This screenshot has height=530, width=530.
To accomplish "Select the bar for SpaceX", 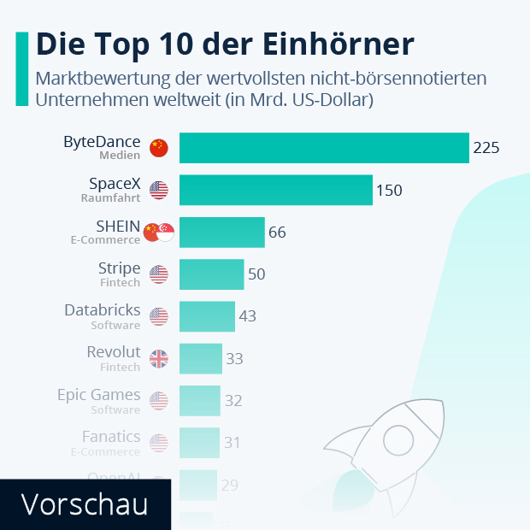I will point(275,190).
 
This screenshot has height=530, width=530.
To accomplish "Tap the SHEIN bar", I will point(221,232).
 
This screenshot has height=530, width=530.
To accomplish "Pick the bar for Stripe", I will point(211,274).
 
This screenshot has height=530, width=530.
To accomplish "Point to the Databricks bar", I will point(207,316).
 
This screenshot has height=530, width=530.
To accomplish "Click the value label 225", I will point(486,148).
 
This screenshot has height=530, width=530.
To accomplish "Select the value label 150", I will point(389,190).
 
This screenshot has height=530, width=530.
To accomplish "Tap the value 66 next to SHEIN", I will point(277,232).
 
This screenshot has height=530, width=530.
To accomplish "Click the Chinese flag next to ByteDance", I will point(158,148).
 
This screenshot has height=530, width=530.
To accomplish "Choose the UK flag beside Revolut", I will point(158,359).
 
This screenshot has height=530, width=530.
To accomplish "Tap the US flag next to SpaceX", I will point(158,190).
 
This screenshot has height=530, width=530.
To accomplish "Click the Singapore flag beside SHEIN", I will point(165,232).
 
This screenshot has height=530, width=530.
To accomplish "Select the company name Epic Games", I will point(98,395).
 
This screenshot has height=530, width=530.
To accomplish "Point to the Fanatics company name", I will point(111,437).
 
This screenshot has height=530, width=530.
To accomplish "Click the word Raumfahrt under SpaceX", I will point(111,197).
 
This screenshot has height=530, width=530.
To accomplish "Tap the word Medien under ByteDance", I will point(120,156).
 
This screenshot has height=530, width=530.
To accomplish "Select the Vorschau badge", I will point(84,504).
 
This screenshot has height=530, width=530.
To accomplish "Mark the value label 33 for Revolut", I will point(234,359).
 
